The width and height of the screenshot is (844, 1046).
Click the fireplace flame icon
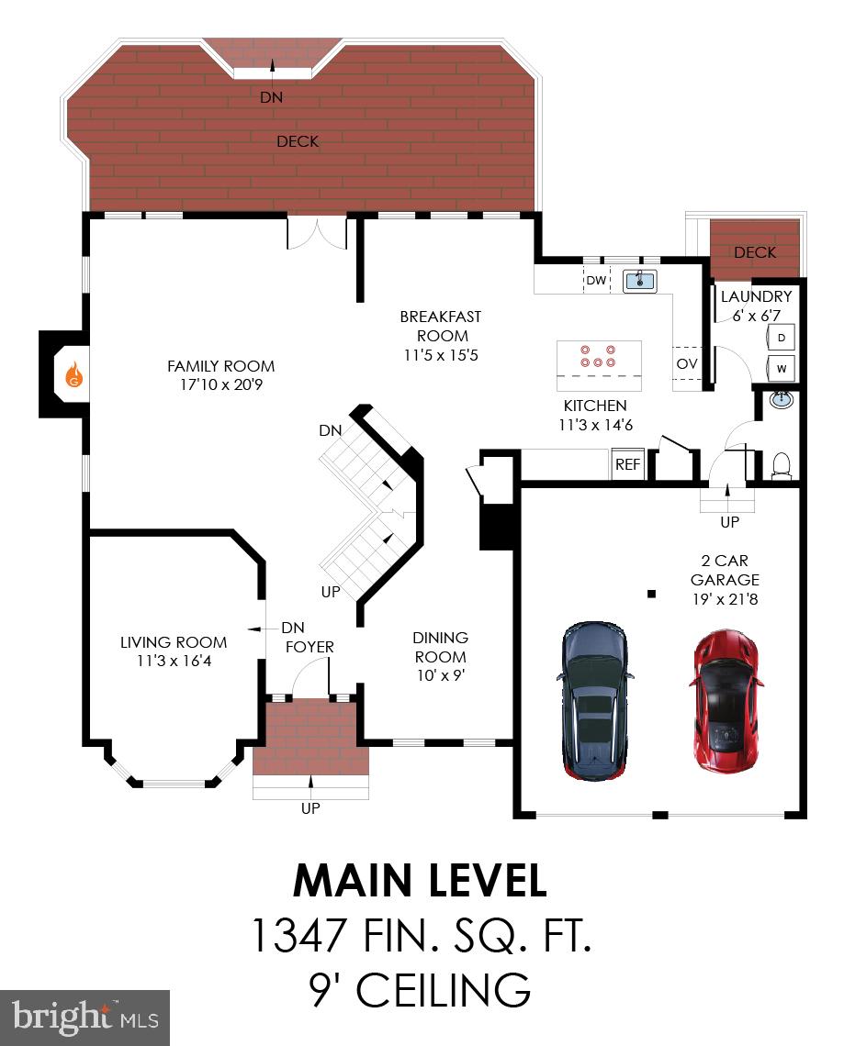74,374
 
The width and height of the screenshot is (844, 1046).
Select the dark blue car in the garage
594,702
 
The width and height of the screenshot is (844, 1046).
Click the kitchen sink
640,281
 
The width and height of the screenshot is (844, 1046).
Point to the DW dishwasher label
596,281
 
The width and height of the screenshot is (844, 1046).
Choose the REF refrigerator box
627,464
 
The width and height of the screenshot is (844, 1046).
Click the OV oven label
686,364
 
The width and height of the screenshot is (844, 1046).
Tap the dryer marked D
781,338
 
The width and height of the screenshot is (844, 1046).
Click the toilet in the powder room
782,466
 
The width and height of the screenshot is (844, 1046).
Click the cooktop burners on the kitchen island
598,356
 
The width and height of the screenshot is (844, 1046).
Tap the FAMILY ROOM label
220,366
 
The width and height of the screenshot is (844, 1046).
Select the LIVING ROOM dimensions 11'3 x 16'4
174,661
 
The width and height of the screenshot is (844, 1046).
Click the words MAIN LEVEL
420,882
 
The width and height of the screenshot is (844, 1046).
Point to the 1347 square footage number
298,937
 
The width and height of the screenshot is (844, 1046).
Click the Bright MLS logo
84,1018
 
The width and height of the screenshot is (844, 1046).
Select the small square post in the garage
651,594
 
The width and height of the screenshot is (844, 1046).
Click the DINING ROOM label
440,647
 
